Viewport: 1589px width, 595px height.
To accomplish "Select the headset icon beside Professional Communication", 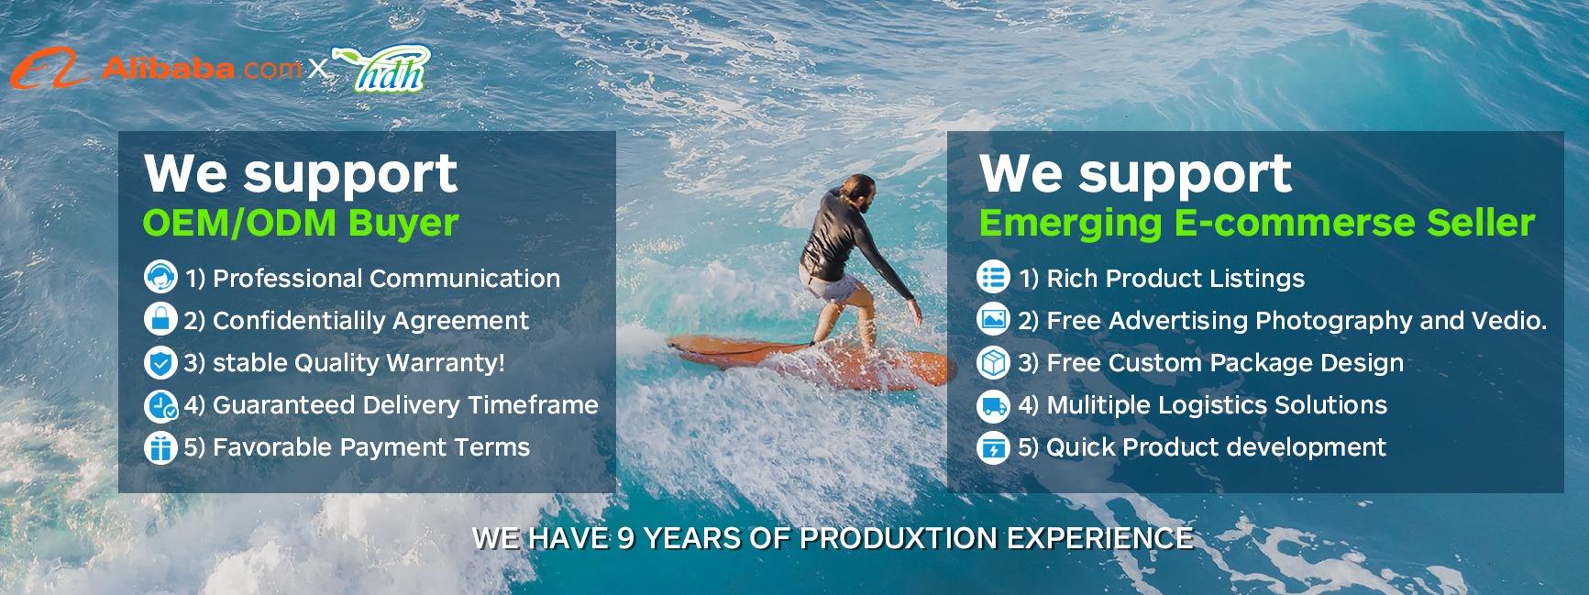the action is tap(161, 277).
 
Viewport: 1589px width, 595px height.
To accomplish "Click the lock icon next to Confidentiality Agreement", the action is tap(161, 319).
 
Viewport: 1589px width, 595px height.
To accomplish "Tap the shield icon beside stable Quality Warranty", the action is tap(161, 363).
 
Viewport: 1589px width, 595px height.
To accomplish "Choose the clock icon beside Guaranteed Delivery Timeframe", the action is tap(161, 405).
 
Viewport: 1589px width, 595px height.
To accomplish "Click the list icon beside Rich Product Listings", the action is tap(993, 277).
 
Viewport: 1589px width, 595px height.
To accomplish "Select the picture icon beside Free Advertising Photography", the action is tap(993, 319).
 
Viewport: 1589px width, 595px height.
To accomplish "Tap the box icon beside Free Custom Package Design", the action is tap(993, 363).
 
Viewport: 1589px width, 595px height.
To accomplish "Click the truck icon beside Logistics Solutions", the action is tap(993, 405).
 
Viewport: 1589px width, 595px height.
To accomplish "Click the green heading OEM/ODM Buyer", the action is tap(301, 223).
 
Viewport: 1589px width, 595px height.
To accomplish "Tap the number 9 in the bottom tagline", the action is tap(626, 537).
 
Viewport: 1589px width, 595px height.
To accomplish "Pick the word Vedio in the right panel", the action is tap(1513, 320).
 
